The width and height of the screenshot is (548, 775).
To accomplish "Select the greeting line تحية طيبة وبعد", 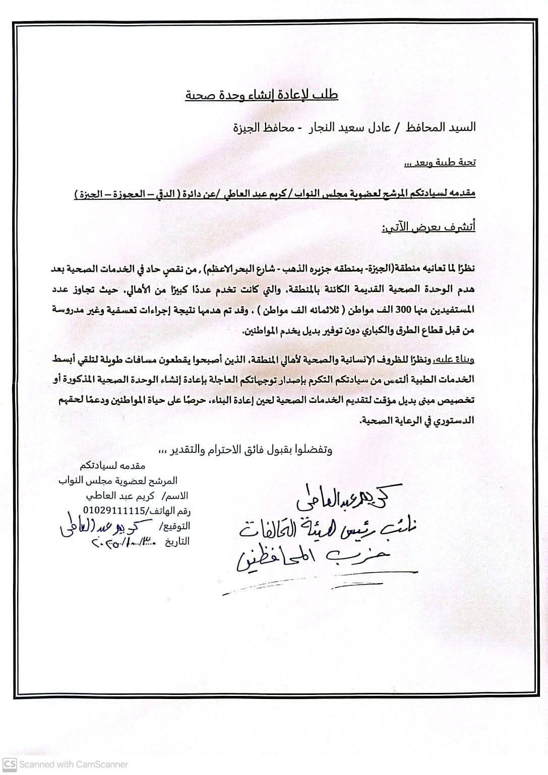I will click(440, 163).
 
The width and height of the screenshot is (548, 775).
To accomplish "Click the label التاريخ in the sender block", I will click(175, 542).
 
